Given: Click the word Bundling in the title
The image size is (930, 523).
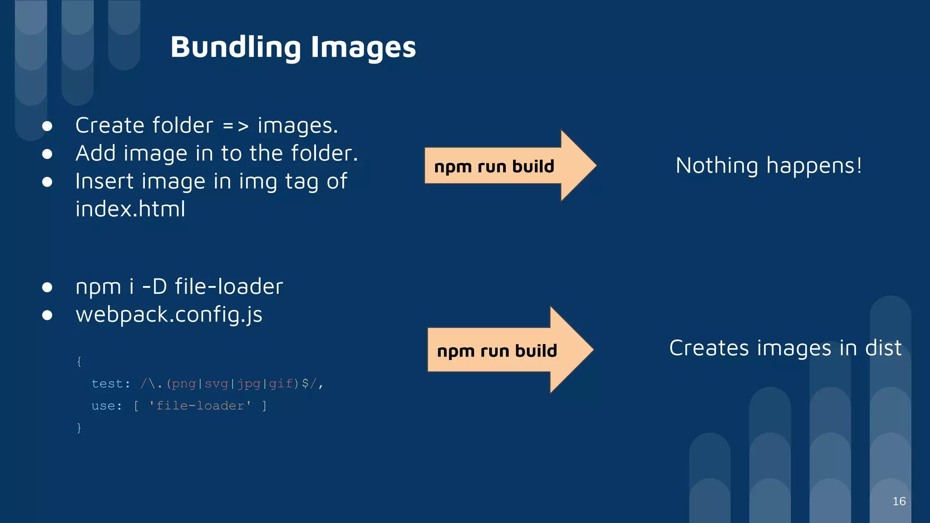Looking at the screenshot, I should coord(235,47).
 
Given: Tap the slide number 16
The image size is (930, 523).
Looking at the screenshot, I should coord(899,501).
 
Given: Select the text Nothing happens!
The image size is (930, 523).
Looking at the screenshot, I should coord(768,165).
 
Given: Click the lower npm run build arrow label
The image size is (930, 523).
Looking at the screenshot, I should coord(497,350).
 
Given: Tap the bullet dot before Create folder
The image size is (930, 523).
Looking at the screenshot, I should coord(47,126).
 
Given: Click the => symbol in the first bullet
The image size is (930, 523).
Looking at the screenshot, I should coord(235,126).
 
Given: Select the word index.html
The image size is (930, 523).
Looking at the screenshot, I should coord(130,209).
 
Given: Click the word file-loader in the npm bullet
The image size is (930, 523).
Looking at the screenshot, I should coord(229,287).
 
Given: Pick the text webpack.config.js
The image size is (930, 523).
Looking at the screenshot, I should coord(169,315).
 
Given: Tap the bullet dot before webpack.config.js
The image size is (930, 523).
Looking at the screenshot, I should coord(47,315).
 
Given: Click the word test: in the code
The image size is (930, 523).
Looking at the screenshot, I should coord(110,384).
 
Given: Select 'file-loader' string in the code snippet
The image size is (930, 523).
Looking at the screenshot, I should coord(200,405).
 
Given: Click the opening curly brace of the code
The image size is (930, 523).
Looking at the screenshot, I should coord(79,361).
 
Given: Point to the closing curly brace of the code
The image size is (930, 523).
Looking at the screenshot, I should coord(79,428).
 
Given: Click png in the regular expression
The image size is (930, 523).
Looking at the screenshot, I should coord(183,384).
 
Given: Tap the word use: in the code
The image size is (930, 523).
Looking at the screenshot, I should coord(107,405).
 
